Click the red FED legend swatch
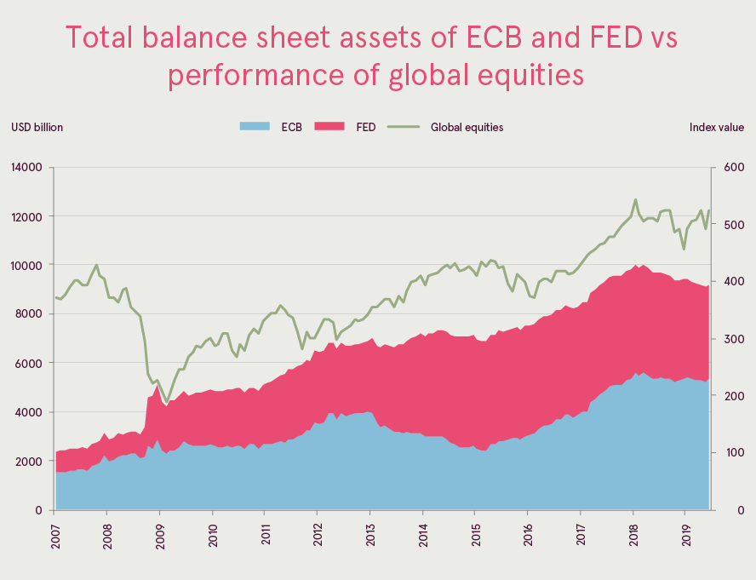point(329,127)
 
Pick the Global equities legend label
point(467,127)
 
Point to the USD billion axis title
point(37,127)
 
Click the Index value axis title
point(717,127)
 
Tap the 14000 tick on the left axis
point(26,167)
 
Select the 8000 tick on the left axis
point(30,313)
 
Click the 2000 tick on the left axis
point(30,461)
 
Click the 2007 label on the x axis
point(54,537)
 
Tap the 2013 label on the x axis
point(370,537)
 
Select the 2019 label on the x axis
point(686,537)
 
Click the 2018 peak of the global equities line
point(635,199)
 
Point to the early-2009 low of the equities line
point(167,402)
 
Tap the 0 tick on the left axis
point(39,510)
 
